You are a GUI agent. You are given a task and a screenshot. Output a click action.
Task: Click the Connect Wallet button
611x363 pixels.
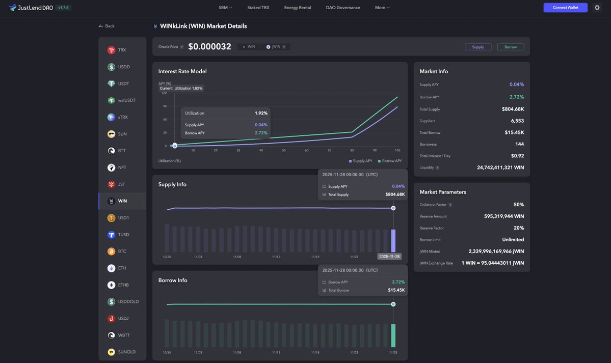pyautogui.click(x=565, y=8)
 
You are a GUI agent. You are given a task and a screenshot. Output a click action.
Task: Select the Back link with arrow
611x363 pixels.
pyautogui.click(x=107, y=26)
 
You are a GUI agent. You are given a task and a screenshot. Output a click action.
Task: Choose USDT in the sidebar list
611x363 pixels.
pyautogui.click(x=123, y=83)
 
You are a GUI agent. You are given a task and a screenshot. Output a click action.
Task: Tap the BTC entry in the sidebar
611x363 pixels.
pyautogui.click(x=122, y=252)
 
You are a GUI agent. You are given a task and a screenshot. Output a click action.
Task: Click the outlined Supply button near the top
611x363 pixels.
pyautogui.click(x=477, y=47)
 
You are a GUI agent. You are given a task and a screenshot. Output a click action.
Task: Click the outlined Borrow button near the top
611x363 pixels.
pyautogui.click(x=510, y=47)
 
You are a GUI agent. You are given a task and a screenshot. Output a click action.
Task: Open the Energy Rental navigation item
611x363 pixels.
pyautogui.click(x=298, y=8)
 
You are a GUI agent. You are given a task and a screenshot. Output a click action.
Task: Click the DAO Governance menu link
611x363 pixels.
pyautogui.click(x=343, y=8)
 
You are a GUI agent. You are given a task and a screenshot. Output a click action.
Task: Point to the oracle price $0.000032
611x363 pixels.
pyautogui.click(x=209, y=47)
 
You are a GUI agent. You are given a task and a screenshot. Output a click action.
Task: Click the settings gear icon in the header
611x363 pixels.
pyautogui.click(x=597, y=8)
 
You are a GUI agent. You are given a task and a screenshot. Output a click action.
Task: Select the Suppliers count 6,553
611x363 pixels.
pyautogui.click(x=517, y=121)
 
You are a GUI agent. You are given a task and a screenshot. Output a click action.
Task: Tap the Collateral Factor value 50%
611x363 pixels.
pyautogui.click(x=518, y=205)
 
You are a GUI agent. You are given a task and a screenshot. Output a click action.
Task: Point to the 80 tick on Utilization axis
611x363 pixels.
pyautogui.click(x=352, y=150)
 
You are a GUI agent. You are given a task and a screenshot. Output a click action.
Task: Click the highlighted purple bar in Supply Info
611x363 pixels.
pyautogui.click(x=393, y=240)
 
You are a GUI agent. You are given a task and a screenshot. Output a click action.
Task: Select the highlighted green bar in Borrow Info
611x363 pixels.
pyautogui.click(x=393, y=336)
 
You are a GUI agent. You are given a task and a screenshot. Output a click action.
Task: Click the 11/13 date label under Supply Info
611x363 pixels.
pyautogui.click(x=276, y=257)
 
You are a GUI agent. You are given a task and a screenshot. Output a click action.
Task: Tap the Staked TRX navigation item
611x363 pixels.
pyautogui.click(x=258, y=8)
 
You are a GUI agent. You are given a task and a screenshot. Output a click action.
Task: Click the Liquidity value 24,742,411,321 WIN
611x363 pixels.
pyautogui.click(x=500, y=167)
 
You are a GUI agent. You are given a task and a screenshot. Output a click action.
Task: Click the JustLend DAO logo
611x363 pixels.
pyautogui.click(x=31, y=8)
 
